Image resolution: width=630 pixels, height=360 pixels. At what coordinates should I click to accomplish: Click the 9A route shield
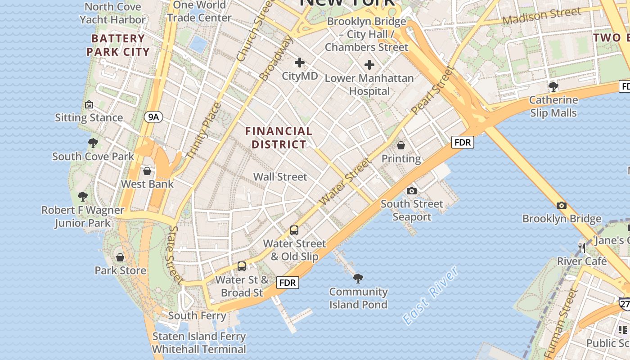(153, 117)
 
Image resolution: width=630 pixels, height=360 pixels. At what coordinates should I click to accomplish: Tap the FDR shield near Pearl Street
(463, 143)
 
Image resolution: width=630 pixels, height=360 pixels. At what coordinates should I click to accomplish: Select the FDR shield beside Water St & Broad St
(287, 283)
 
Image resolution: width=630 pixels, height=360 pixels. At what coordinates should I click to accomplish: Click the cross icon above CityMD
(299, 63)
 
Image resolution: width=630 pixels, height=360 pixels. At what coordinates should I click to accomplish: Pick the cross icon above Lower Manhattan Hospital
(369, 65)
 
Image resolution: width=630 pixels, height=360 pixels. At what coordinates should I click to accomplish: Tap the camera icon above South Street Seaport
(411, 191)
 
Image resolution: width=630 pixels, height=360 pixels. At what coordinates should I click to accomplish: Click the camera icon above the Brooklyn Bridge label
(561, 206)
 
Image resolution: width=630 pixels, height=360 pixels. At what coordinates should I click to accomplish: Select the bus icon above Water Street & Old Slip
(294, 230)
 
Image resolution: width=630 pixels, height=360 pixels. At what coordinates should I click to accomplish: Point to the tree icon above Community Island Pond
(358, 279)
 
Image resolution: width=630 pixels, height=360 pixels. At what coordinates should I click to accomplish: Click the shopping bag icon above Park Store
(120, 257)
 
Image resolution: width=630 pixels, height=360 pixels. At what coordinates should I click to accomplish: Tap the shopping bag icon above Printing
(401, 145)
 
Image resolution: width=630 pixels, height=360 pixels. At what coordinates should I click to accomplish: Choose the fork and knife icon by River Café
(582, 247)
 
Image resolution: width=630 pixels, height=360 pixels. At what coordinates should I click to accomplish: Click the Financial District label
(279, 138)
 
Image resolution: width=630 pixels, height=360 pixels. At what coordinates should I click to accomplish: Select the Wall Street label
(280, 177)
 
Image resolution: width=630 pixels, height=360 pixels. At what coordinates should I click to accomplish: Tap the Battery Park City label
(118, 45)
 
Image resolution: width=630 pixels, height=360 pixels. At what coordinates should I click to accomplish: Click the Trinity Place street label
(204, 130)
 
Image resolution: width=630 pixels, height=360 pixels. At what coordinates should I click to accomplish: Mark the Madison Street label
(542, 17)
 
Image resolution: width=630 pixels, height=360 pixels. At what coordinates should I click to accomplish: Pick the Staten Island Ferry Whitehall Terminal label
(199, 342)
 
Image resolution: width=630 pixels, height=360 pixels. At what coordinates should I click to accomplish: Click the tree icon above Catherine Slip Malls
(553, 86)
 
